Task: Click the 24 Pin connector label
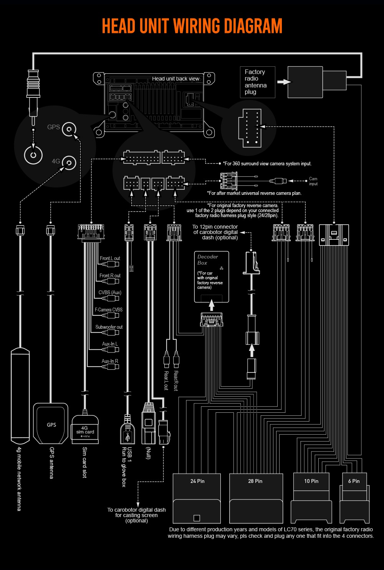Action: (x=197, y=481)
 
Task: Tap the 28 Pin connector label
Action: (x=255, y=481)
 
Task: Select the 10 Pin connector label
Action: (x=311, y=481)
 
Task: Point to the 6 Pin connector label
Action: (x=354, y=481)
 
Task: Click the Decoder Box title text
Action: (x=207, y=260)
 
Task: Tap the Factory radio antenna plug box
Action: (x=258, y=82)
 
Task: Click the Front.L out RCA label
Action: (x=110, y=258)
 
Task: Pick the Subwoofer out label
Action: (x=109, y=327)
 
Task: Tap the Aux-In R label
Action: (x=110, y=361)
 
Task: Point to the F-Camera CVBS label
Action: (x=109, y=310)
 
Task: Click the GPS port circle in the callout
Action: (x=69, y=129)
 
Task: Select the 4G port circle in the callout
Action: (x=69, y=163)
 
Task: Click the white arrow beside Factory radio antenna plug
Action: (x=284, y=82)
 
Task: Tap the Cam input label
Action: (x=313, y=181)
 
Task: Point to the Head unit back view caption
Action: (x=175, y=79)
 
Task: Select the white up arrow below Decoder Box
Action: (x=211, y=305)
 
